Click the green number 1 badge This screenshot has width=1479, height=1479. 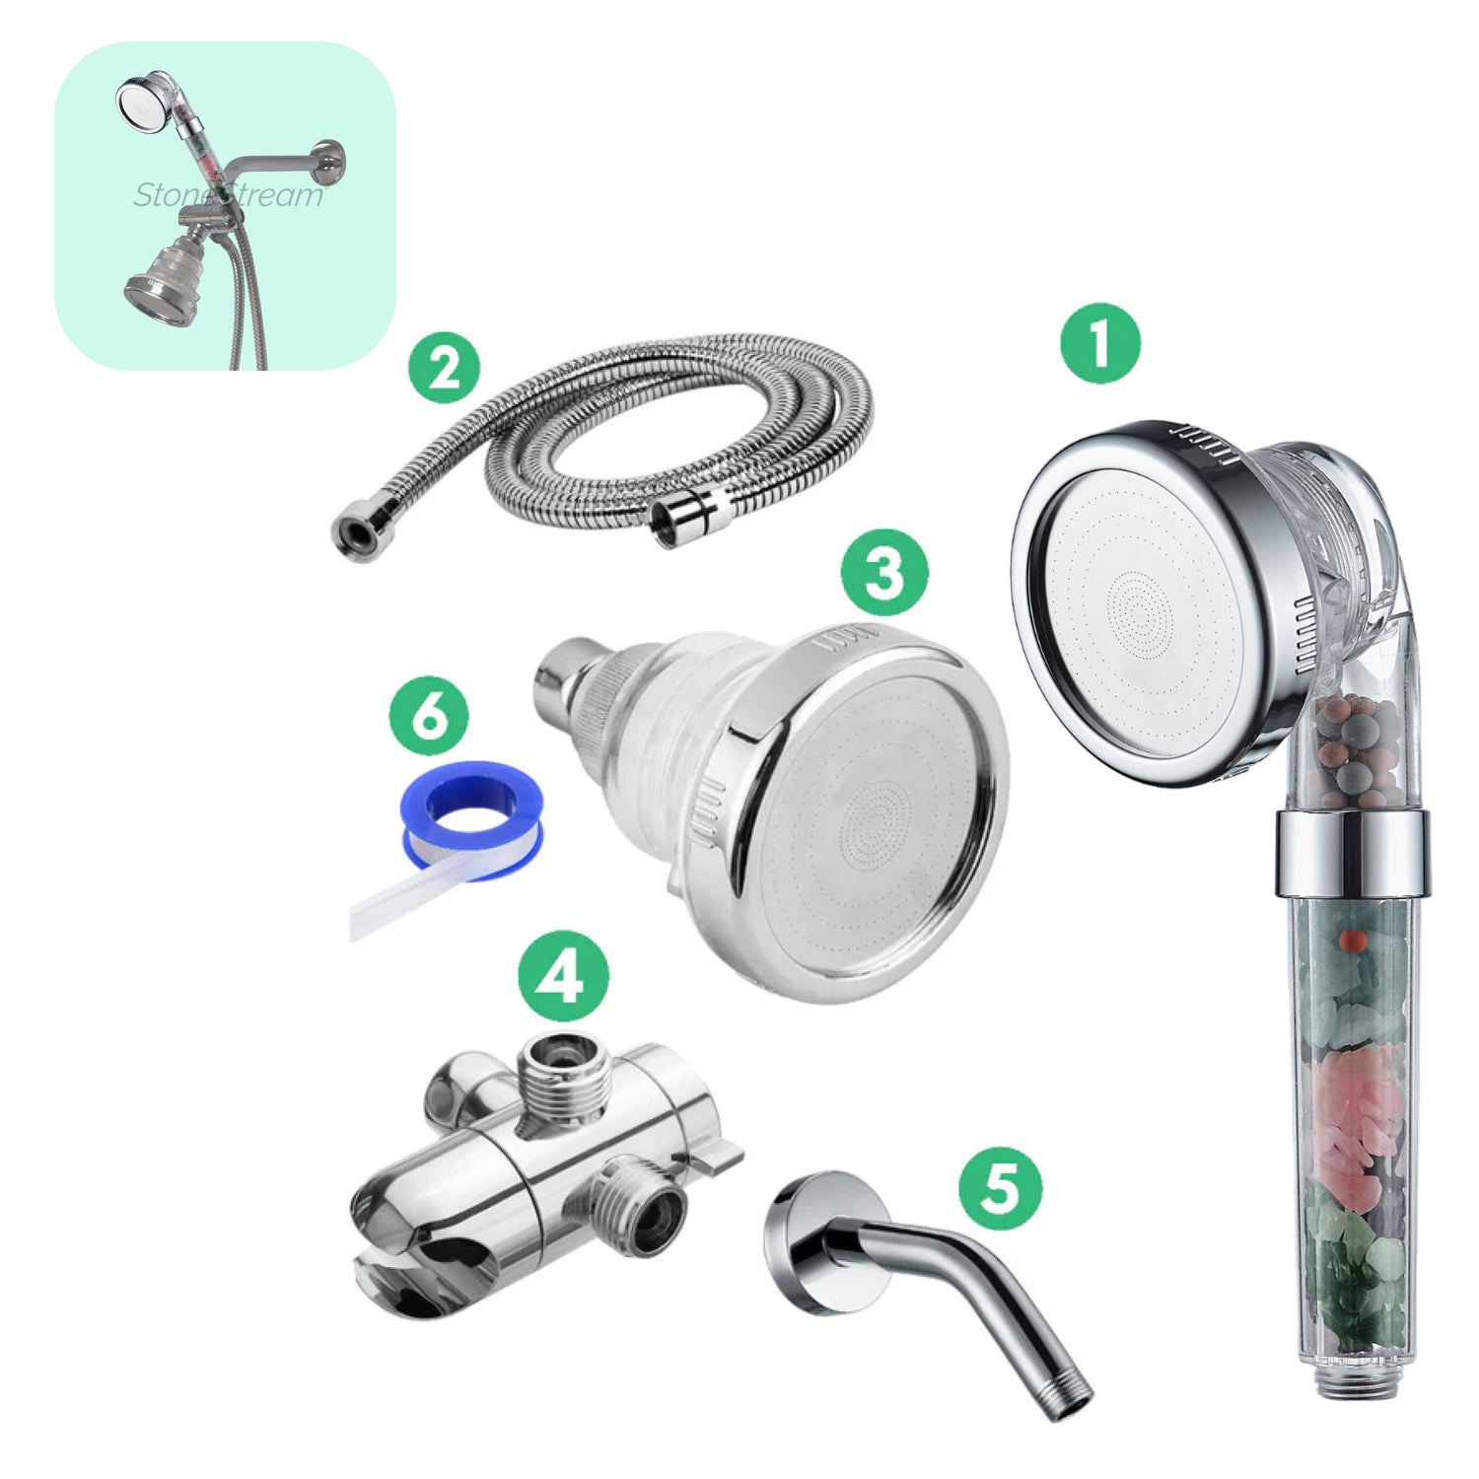1100,344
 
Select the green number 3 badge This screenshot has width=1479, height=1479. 883,572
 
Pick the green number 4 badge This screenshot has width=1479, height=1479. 564,977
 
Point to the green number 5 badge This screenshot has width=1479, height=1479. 1000,1185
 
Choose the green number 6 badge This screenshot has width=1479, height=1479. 429,718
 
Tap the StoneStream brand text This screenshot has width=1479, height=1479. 229,195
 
